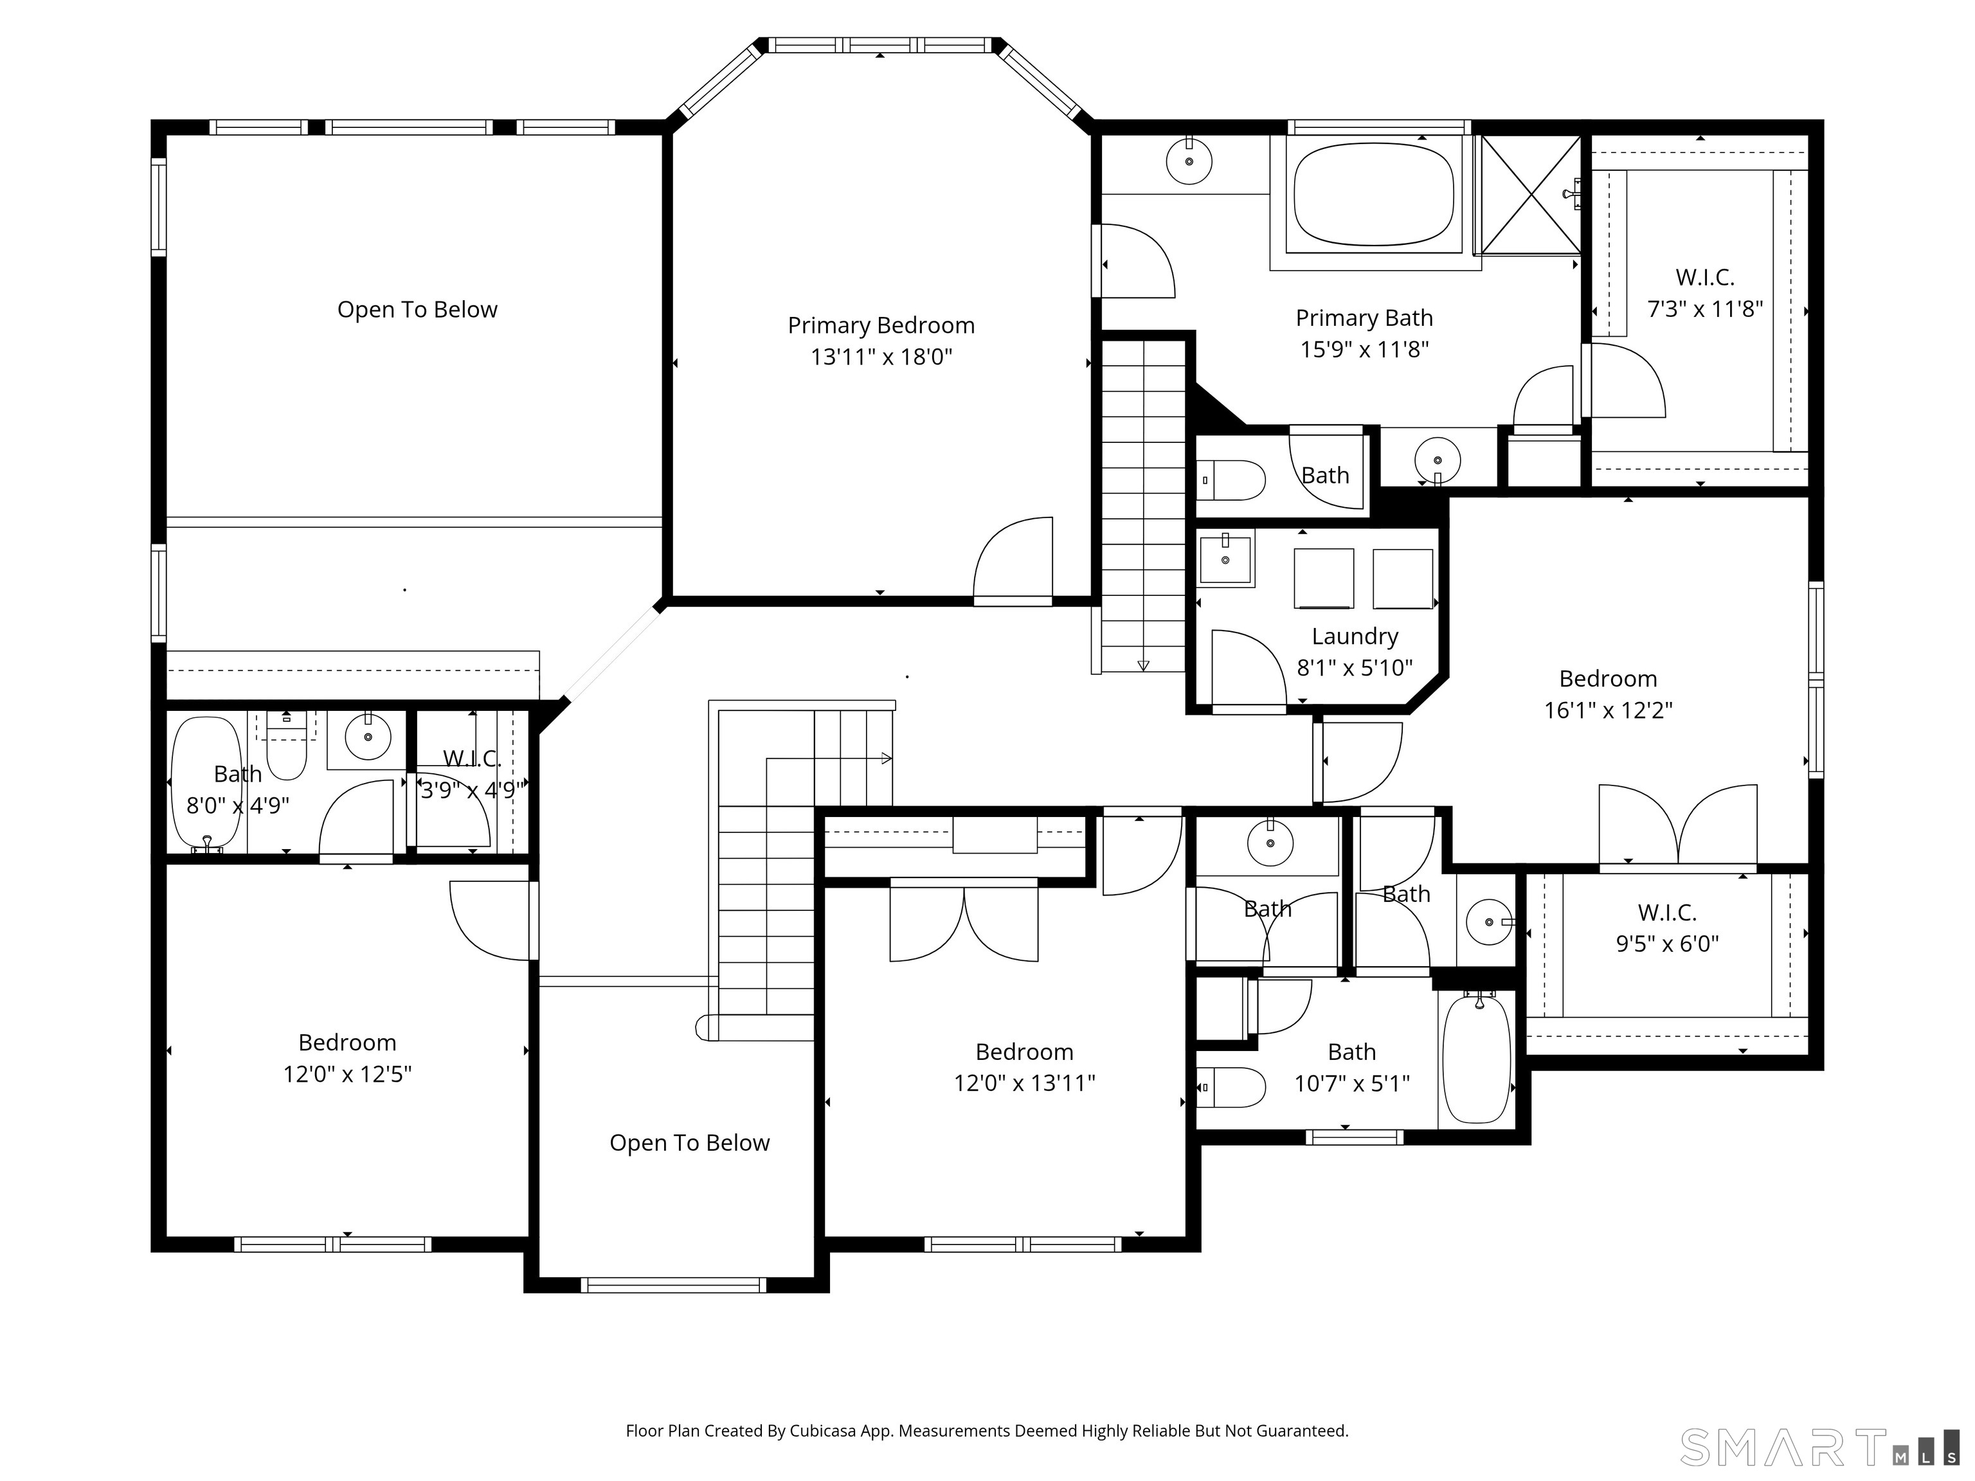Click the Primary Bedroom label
880,325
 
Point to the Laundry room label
1355,636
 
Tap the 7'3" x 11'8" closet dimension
1704,309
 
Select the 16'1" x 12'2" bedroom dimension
1608,710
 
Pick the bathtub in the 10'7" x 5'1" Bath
1477,1059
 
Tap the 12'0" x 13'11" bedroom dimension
1024,1083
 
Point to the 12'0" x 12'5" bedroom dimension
347,1074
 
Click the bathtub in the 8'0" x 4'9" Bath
206,783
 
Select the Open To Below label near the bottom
689,1143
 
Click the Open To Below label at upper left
417,310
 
